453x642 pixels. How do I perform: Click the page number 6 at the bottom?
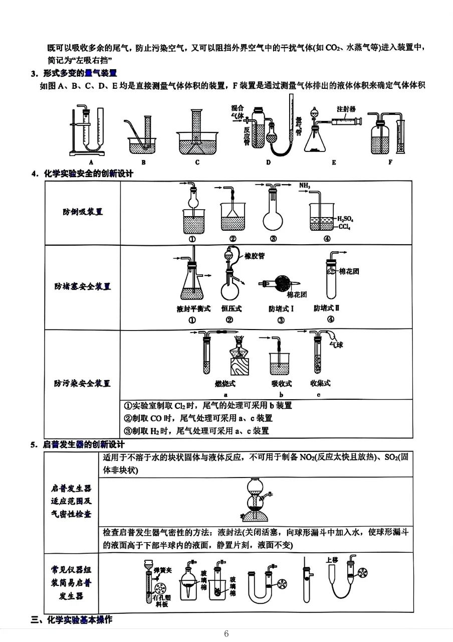click(x=226, y=633)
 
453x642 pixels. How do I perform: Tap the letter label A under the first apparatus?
click(x=91, y=162)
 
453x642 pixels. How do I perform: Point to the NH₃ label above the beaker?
click(x=305, y=186)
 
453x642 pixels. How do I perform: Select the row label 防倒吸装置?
click(x=83, y=212)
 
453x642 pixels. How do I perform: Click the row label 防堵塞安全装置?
click(x=83, y=286)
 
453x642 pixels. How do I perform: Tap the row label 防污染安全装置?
click(x=83, y=383)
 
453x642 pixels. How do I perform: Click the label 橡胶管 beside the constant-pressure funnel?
click(x=255, y=256)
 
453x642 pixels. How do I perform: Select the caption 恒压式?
click(x=231, y=308)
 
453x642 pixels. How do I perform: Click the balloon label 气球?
click(x=336, y=345)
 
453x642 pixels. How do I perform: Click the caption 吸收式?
click(x=281, y=384)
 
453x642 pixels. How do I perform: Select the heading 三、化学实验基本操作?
click(x=72, y=619)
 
